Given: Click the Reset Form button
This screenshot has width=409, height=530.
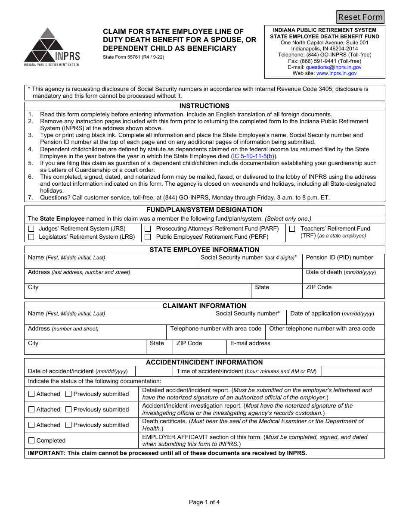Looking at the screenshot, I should pos(360,17).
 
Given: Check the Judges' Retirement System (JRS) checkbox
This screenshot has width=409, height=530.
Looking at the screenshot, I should pos(31,229).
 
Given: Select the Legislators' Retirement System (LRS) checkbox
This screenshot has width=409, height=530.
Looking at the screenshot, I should pos(31,237).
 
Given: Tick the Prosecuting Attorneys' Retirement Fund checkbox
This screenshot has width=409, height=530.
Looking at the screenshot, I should pos(148,229).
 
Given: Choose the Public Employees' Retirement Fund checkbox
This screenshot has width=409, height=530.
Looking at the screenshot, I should pos(148,237).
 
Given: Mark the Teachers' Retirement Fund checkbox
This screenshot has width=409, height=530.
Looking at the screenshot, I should pos(292,229).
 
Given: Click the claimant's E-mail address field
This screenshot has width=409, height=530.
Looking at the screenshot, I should pos(305,349).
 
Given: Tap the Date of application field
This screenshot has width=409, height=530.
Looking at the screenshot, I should pos(335,320).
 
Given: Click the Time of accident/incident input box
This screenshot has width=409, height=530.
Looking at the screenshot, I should pos(353,371).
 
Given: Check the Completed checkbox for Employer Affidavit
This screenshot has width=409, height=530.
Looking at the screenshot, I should pos(31,440).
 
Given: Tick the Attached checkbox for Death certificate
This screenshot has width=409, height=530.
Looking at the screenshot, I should pos(31,425).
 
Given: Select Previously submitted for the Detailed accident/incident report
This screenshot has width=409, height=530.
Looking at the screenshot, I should pos(68,394).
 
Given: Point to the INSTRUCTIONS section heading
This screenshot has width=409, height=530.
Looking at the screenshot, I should pos(204,106).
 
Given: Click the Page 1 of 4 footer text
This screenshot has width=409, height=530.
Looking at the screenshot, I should pos(204,502).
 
